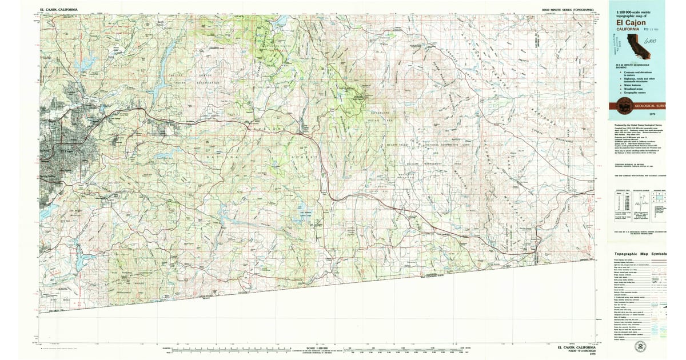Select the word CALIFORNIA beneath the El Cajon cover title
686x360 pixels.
click(627, 29)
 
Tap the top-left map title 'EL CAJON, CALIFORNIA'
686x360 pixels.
click(59, 10)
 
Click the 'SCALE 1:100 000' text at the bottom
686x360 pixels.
click(317, 347)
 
